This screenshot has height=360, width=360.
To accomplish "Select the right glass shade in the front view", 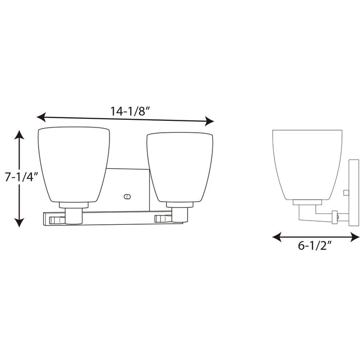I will pyautogui.click(x=179, y=166).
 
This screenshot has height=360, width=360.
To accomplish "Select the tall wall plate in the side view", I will pyautogui.click(x=353, y=192).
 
